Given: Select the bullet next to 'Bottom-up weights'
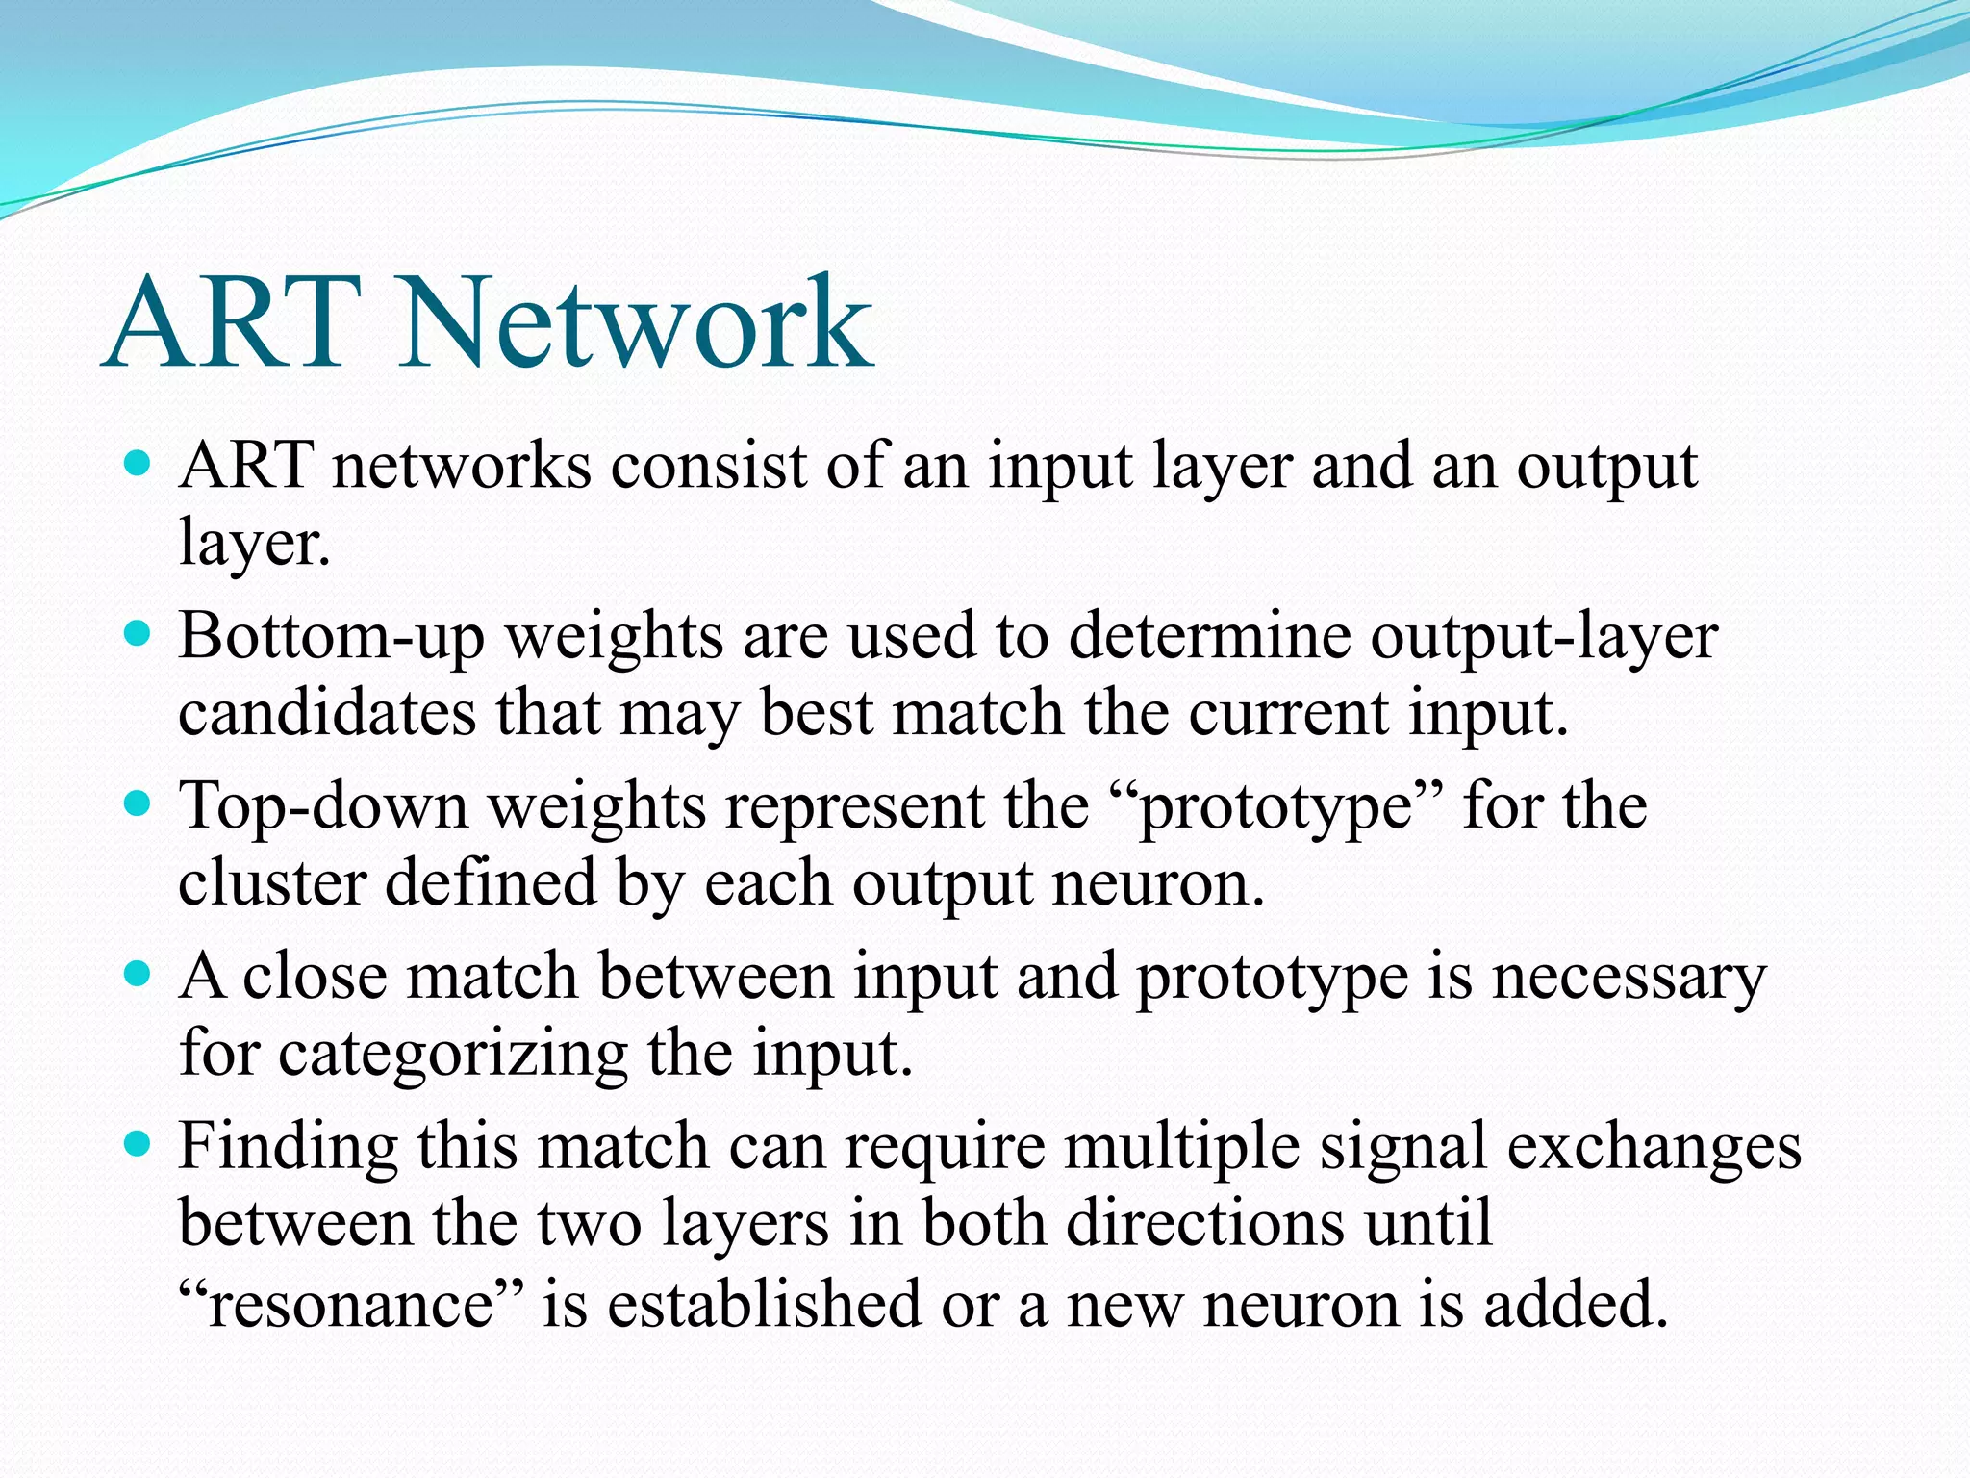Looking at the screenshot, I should (139, 634).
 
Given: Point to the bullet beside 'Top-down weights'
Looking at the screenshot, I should (139, 803).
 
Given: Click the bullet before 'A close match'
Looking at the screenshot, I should (139, 974).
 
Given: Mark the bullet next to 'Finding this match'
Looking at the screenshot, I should (139, 1144).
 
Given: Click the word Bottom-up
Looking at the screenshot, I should (331, 638).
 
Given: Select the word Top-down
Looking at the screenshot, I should (323, 806).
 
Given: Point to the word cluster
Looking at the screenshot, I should (272, 883).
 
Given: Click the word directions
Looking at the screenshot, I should (1203, 1224).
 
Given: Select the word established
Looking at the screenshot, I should (764, 1305).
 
